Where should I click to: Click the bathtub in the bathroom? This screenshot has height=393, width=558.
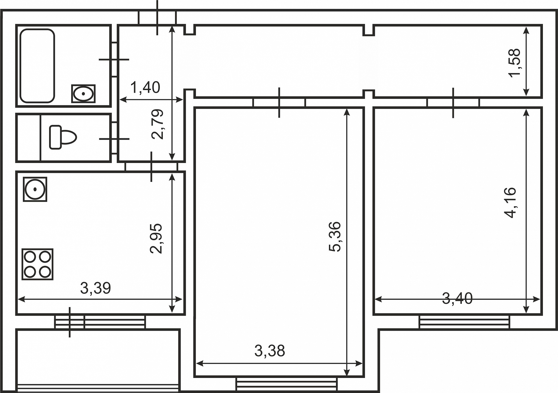[37, 66]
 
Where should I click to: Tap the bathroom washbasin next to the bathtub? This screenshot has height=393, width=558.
[83, 94]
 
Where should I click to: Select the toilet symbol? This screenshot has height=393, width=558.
[63, 137]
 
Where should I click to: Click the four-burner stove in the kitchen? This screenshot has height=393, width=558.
[37, 264]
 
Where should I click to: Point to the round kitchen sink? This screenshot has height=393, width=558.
[35, 189]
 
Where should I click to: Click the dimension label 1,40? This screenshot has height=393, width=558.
[145, 87]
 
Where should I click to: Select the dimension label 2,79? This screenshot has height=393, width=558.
[158, 124]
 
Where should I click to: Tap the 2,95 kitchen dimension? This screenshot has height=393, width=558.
[156, 238]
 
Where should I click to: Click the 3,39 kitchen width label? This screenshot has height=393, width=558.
[96, 288]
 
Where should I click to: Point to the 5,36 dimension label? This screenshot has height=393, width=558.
[335, 236]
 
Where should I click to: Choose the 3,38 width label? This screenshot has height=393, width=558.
[270, 351]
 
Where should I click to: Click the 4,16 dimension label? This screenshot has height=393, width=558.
[510, 203]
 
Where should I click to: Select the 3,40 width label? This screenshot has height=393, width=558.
[457, 298]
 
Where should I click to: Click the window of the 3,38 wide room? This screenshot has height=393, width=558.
[287, 384]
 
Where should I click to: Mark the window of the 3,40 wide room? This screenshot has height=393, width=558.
[464, 322]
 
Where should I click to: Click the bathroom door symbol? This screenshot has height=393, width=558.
[114, 60]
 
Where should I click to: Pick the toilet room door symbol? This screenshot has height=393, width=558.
[114, 139]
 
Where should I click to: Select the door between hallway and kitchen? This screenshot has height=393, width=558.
[151, 167]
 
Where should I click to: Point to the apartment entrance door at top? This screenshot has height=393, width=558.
[157, 17]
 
